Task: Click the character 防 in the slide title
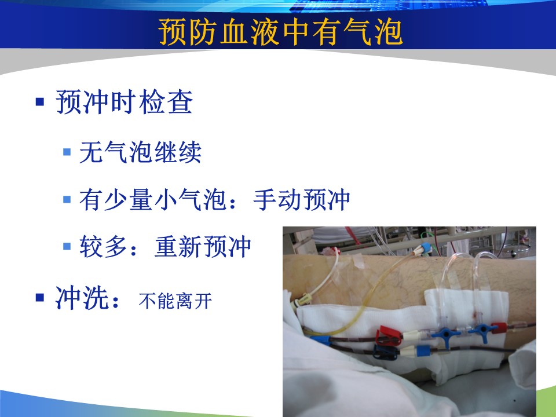203,32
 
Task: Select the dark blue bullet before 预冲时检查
40,102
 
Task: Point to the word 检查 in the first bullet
166,102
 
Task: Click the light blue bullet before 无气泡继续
67,152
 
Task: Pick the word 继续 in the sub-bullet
178,152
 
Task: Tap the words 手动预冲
302,199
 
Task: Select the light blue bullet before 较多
67,246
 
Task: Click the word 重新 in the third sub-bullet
178,246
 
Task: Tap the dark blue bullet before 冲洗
40,297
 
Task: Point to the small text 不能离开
175,301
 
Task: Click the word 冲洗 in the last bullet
82,298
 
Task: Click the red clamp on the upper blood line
389,335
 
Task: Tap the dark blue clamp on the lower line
385,352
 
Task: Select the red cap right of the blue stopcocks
499,328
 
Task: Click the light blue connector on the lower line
423,351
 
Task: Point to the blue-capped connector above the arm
423,248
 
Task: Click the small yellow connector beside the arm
302,301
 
